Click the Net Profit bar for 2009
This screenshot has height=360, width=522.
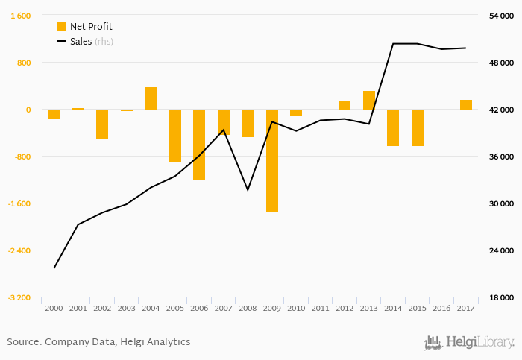click(272, 160)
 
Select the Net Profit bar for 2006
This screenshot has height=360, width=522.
click(199, 145)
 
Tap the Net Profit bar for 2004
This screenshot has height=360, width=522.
click(151, 98)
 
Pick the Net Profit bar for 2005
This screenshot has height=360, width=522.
click(175, 136)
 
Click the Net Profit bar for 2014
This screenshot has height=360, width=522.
click(393, 127)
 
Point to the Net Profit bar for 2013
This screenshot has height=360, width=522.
click(369, 101)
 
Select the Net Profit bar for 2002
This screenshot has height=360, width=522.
click(102, 124)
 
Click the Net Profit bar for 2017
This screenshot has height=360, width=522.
click(466, 105)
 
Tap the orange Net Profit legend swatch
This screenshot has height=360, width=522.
click(61, 27)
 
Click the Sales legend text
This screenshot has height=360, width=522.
click(81, 42)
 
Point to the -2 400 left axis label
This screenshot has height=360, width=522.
click(20, 250)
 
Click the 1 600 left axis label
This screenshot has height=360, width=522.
click(21, 16)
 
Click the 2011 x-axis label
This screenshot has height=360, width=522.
click(321, 308)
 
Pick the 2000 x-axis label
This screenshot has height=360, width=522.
click(54, 308)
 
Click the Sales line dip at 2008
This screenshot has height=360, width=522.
click(248, 190)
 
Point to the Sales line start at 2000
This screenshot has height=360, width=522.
click(54, 268)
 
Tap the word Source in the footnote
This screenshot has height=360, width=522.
click(22, 342)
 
